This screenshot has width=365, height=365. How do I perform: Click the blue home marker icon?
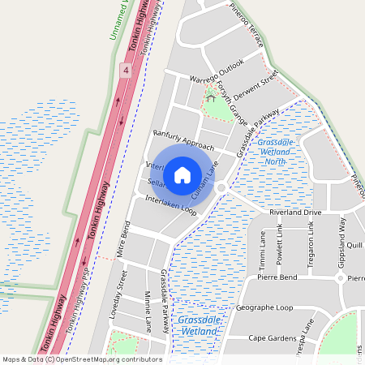coord(182,174)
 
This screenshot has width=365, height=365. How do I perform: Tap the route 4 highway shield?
coord(126,71)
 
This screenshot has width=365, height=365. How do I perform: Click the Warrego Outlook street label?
coord(217,71)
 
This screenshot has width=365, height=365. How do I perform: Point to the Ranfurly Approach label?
coord(182,139)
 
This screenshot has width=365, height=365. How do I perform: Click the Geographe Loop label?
coord(264,308)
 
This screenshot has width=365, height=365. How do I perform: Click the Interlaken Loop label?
coord(170,204)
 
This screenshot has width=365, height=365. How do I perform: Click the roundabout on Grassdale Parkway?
coord(220,188)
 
